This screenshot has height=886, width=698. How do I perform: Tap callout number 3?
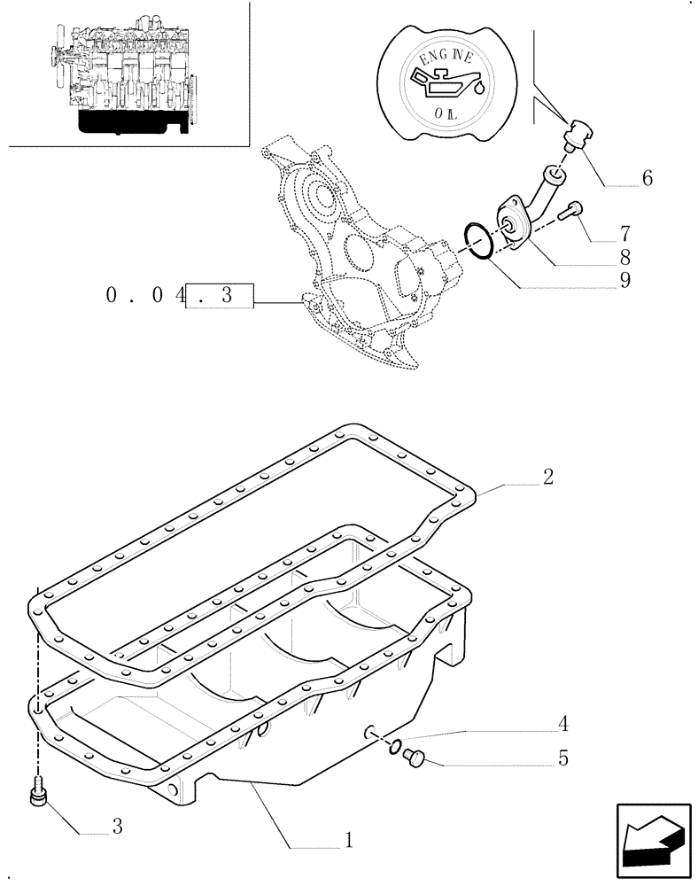tap(116, 828)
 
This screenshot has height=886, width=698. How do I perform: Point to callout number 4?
tap(563, 726)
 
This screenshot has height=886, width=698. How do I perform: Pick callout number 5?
tap(563, 759)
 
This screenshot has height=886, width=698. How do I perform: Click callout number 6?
tap(647, 179)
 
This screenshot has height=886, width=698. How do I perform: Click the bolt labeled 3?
tap(37, 791)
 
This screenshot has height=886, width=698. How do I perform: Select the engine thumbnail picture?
tap(125, 75)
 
